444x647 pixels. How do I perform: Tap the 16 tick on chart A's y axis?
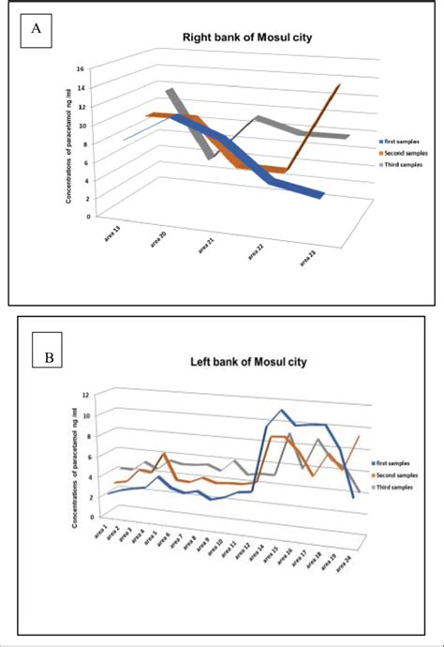click(x=81, y=68)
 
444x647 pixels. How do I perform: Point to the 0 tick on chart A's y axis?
click(x=87, y=216)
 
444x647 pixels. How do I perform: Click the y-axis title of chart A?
click(x=68, y=143)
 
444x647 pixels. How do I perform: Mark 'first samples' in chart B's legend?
click(x=395, y=462)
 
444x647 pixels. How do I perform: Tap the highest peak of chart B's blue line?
click(x=281, y=410)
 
